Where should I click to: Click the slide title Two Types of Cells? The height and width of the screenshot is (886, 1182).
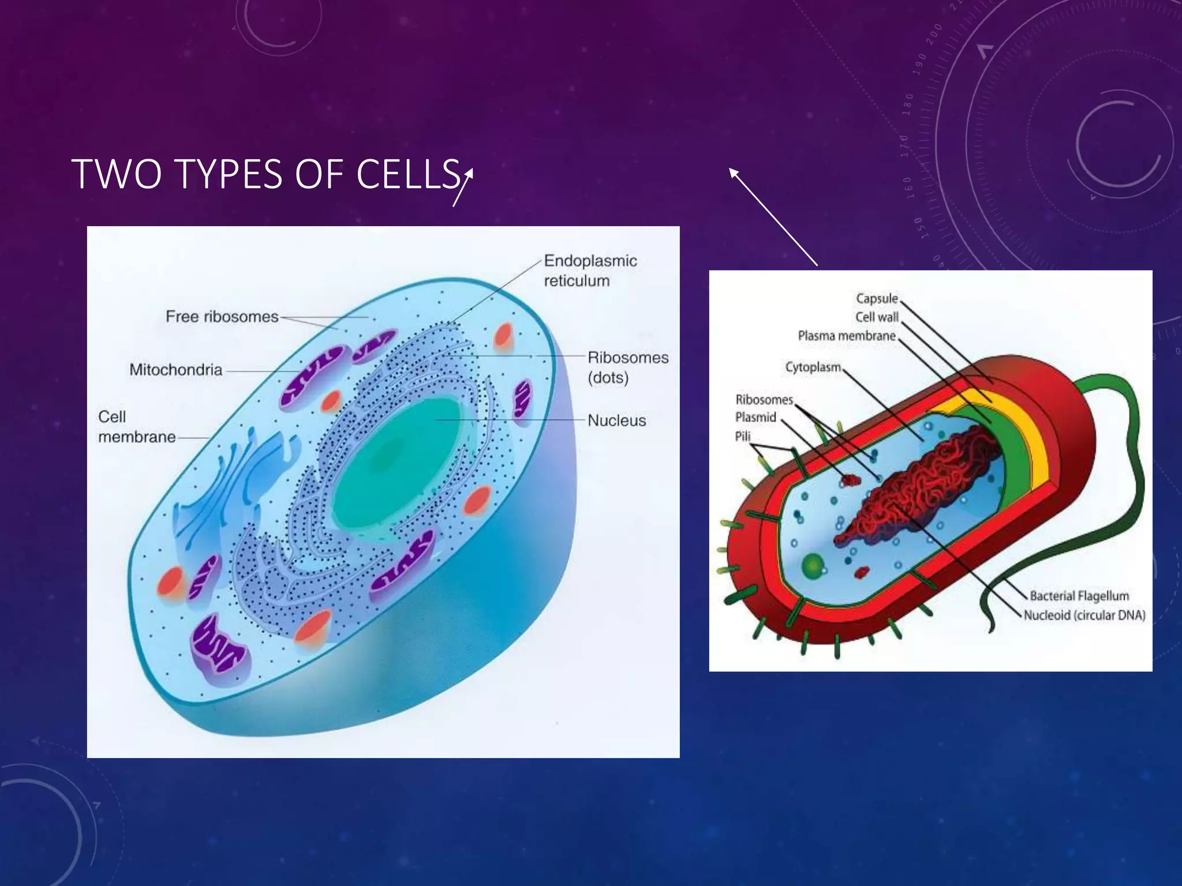tap(265, 174)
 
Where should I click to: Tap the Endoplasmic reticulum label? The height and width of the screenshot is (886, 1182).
tap(590, 271)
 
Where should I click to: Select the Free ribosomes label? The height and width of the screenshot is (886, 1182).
tap(222, 317)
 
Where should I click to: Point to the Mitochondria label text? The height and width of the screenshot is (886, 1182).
tap(175, 370)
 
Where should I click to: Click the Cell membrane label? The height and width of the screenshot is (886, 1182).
tap(136, 427)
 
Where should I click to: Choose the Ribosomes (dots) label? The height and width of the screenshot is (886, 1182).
tap(627, 367)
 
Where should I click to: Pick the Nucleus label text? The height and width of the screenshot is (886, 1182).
tap(616, 421)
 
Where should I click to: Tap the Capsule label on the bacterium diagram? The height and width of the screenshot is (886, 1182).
tap(876, 299)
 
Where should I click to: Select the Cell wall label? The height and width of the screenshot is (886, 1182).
tap(876, 317)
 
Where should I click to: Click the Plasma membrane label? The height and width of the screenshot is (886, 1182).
tap(846, 336)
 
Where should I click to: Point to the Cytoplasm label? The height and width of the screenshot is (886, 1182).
tap(813, 367)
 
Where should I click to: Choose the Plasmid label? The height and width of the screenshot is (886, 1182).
tap(755, 418)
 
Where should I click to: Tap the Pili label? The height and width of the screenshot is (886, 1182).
tap(742, 437)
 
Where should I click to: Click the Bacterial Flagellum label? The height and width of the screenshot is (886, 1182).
tap(1079, 596)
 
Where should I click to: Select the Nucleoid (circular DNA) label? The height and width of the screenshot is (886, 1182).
tap(1084, 615)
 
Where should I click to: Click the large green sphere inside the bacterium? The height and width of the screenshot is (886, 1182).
tap(813, 565)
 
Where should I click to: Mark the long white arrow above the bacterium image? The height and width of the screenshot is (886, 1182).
tap(773, 216)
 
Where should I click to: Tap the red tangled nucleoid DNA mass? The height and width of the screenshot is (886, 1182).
tap(918, 485)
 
